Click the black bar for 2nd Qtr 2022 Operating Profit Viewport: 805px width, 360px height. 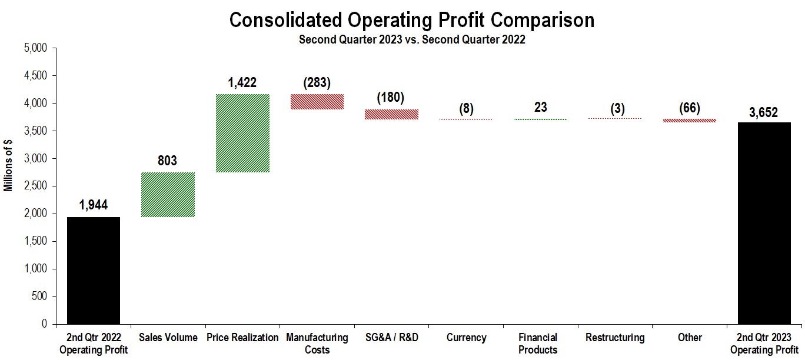click(x=94, y=271)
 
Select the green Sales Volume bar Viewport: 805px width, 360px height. click(x=168, y=195)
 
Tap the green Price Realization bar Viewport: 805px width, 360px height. click(x=242, y=133)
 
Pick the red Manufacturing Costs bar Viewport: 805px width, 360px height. click(x=317, y=102)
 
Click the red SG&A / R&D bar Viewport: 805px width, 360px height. click(x=391, y=114)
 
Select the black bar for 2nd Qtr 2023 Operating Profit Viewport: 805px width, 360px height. click(x=764, y=223)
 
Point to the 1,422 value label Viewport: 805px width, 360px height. click(x=242, y=83)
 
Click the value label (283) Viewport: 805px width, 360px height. click(x=317, y=83)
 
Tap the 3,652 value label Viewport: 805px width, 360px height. click(x=764, y=112)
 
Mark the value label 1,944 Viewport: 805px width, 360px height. click(x=94, y=205)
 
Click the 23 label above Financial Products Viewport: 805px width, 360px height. click(x=540, y=107)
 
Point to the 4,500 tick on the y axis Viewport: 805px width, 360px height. click(x=38, y=76)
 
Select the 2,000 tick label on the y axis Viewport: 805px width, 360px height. click(x=38, y=214)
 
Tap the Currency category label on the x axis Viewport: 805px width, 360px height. click(x=466, y=338)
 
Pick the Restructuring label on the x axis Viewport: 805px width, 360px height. click(x=615, y=338)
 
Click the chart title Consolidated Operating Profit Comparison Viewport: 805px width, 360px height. click(x=411, y=20)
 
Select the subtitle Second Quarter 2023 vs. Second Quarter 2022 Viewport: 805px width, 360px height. click(x=411, y=40)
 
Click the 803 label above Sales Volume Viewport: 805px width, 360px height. click(x=168, y=161)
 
